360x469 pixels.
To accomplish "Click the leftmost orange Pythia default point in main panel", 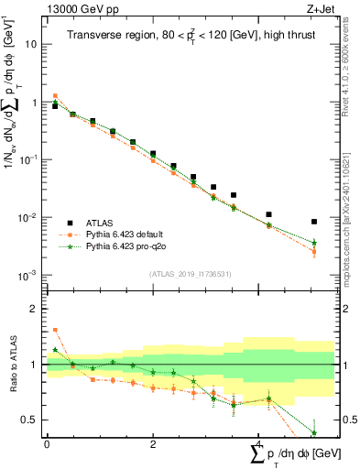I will click(55, 95).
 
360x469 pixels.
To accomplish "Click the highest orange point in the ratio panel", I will click(55, 330).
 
